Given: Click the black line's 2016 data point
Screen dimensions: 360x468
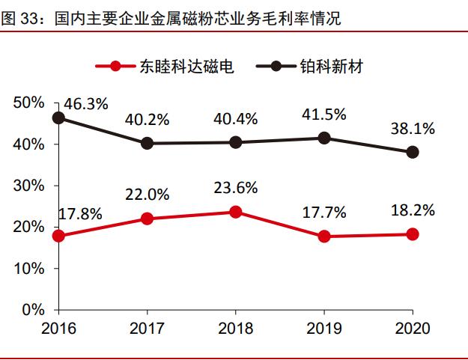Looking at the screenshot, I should (x=58, y=118).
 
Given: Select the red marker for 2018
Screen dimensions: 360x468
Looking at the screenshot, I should (x=236, y=212).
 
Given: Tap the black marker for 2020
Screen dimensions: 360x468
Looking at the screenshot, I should (x=413, y=152).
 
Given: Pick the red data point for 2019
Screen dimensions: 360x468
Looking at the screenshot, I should (x=324, y=237).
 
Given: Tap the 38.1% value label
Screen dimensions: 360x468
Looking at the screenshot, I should (x=413, y=128).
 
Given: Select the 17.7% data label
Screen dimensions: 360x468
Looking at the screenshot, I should (x=324, y=213).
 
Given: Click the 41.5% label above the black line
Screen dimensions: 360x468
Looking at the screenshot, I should (x=324, y=115).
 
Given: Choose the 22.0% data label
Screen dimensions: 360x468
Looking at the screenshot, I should (x=147, y=195).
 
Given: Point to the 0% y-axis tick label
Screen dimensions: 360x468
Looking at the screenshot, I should (x=33, y=309).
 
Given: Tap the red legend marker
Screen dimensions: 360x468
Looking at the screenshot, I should (x=115, y=67).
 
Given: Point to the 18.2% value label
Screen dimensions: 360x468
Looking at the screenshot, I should (x=413, y=210).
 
